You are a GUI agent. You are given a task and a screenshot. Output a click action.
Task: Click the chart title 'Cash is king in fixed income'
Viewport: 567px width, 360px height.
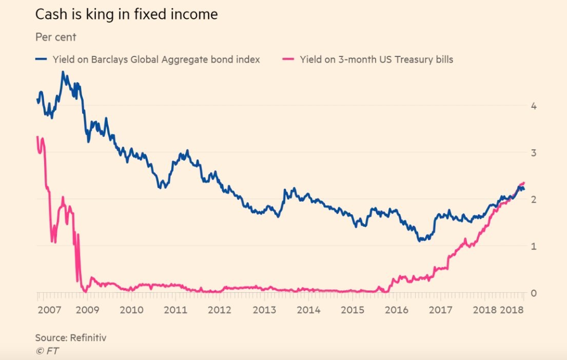(x=126, y=15)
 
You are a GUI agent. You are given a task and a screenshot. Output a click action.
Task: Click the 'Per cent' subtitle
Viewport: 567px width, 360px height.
(x=55, y=37)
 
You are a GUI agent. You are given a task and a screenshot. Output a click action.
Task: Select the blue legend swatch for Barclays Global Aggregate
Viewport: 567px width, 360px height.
(x=42, y=59)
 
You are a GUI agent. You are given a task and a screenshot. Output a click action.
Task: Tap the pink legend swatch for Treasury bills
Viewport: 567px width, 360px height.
(x=289, y=59)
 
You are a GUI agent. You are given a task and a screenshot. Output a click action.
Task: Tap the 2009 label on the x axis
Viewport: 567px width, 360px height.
(x=87, y=310)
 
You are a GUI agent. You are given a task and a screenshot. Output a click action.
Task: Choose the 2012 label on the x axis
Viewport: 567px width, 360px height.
(x=220, y=310)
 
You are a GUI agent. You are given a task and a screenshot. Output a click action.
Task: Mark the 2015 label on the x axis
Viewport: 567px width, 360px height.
(x=353, y=310)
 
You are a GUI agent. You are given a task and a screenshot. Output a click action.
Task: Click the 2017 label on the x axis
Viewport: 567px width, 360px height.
(x=440, y=310)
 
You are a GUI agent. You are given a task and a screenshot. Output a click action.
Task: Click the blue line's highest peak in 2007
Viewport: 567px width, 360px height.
(x=63, y=72)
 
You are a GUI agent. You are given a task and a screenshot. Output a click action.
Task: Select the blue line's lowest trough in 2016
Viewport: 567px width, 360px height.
(x=420, y=240)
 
